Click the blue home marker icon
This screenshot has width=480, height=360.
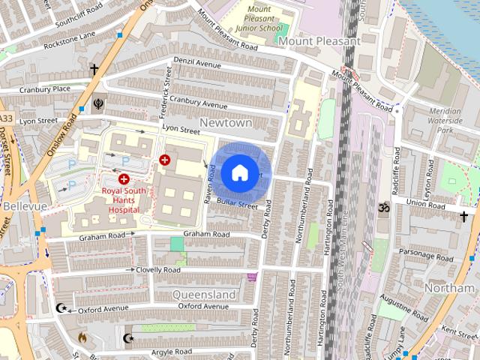pos(239,172)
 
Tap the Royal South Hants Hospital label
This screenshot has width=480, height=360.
pos(121,200)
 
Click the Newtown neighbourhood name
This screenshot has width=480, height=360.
pos(225,122)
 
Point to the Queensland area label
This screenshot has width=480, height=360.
pos(204,295)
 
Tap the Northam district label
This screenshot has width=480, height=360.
pos(449,288)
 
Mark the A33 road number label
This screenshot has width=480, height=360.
pos(6,118)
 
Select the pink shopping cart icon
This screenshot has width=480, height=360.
pos(252,277)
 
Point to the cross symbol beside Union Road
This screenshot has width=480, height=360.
pos(464,217)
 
